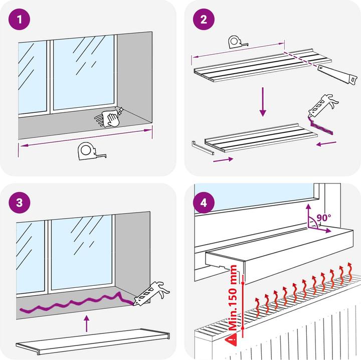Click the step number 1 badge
[20, 20]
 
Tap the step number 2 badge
[204, 20]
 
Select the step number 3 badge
[20, 203]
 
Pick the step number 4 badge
[204, 203]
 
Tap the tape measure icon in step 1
[91, 150]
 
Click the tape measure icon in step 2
[237, 42]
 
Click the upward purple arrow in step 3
[87, 323]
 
